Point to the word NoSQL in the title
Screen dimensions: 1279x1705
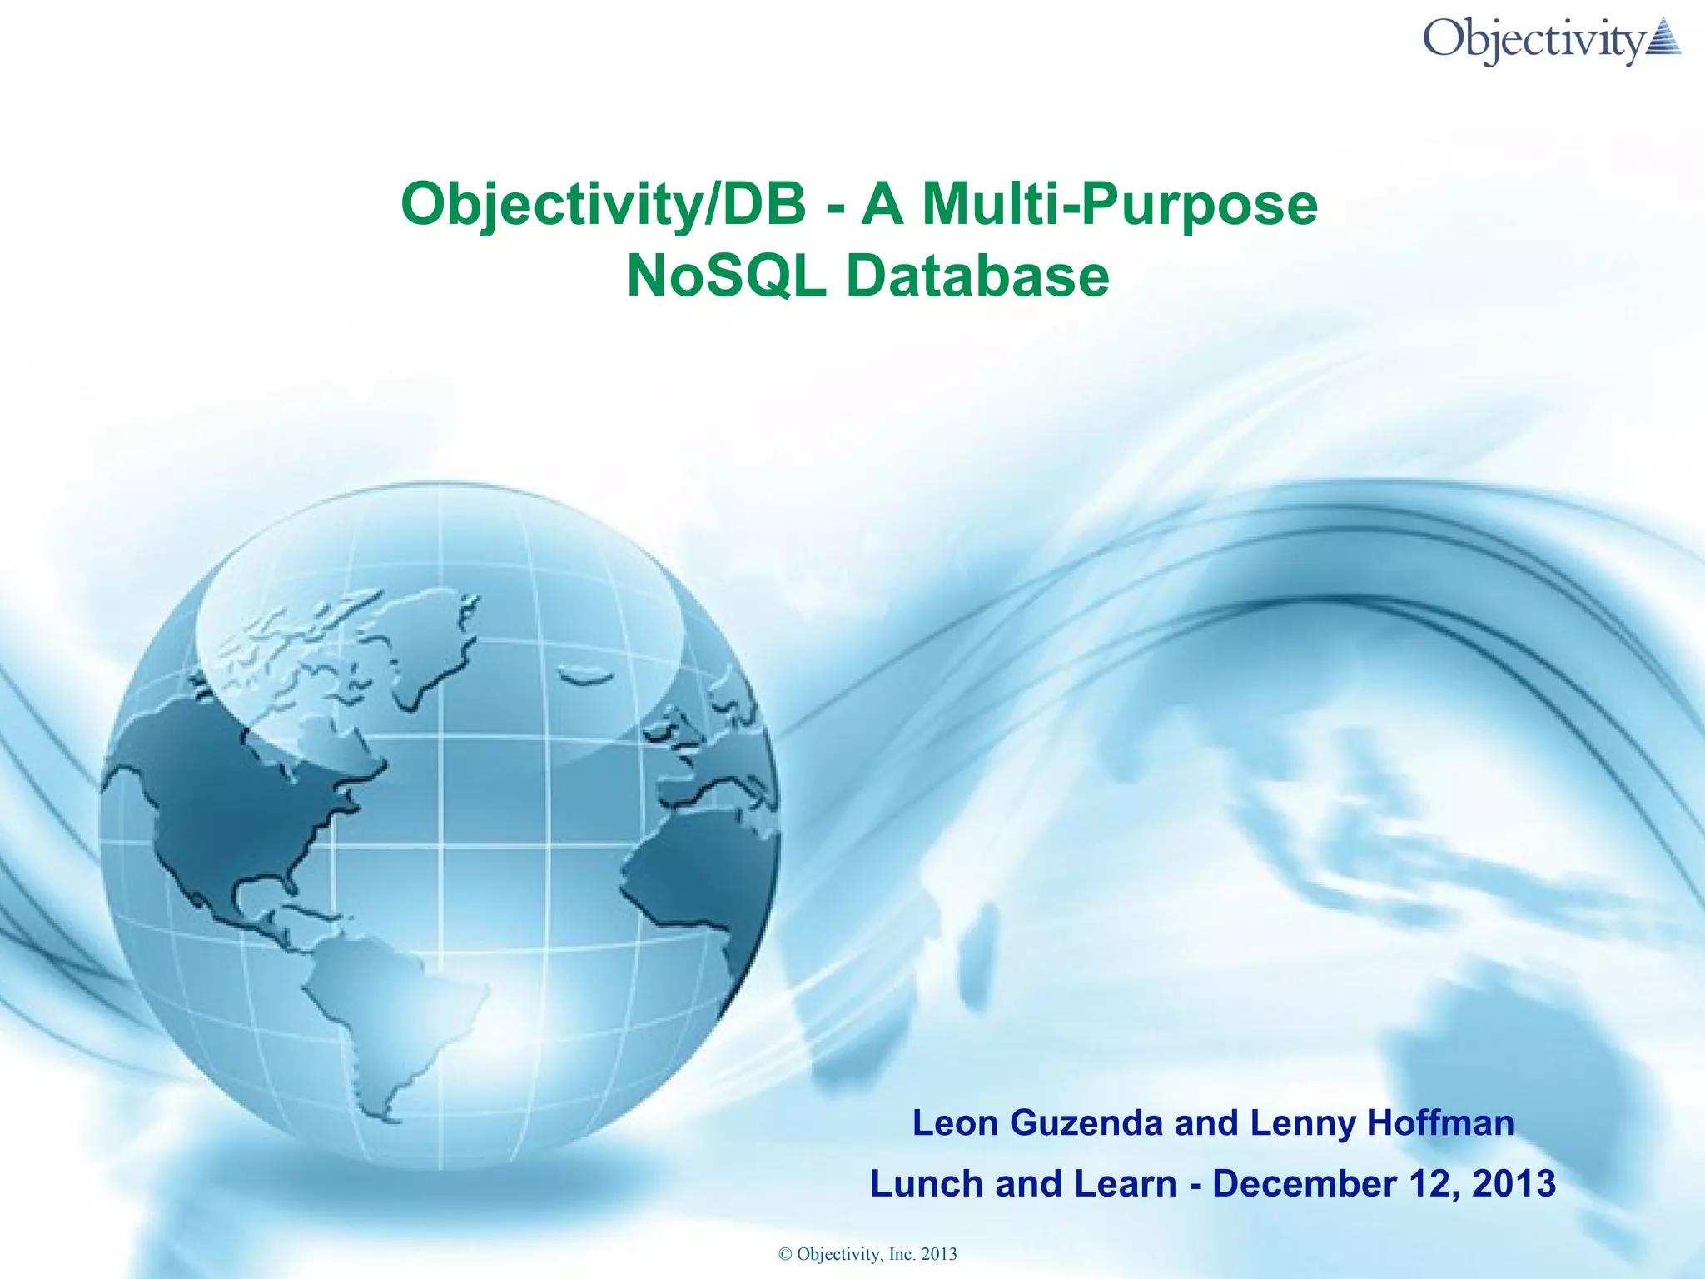pyautogui.click(x=726, y=276)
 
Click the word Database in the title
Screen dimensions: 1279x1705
pyautogui.click(x=977, y=276)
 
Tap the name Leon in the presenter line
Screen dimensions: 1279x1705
pyautogui.click(x=955, y=1123)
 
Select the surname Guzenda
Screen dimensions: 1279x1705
pyautogui.click(x=1086, y=1123)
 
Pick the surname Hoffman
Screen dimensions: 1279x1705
pyautogui.click(x=1441, y=1123)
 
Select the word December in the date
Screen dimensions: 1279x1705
pyautogui.click(x=1305, y=1184)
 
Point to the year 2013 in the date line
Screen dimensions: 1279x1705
pyautogui.click(x=1514, y=1184)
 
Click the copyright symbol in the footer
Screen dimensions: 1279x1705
pyautogui.click(x=784, y=1254)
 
